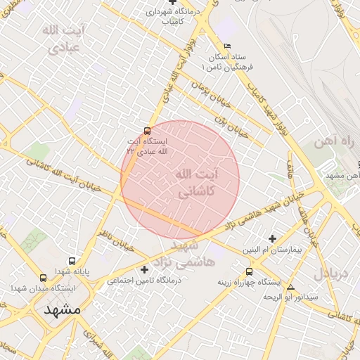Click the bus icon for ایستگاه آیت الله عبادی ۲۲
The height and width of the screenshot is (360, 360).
pos(147,130)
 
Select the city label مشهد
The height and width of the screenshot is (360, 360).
pos(62,309)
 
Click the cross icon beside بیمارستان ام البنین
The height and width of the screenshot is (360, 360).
pos(273,238)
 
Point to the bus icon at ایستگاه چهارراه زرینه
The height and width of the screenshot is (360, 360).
pos(249,271)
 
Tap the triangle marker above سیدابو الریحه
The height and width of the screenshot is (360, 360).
pos(290,287)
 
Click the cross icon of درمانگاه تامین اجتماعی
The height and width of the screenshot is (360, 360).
pos(145,269)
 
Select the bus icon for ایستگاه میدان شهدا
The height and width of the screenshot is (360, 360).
pos(44,277)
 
